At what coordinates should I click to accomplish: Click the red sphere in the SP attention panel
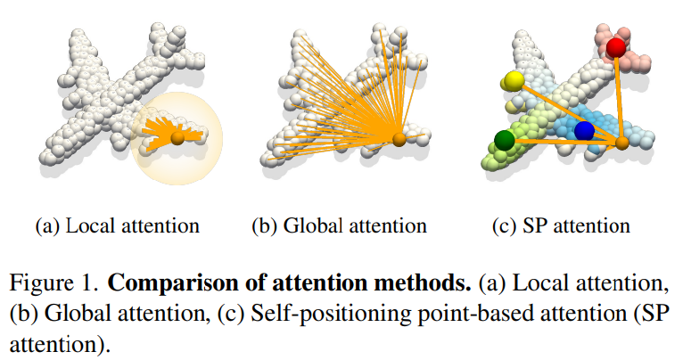(616, 47)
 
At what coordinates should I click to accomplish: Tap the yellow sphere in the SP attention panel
(513, 81)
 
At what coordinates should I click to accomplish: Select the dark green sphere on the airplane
(505, 139)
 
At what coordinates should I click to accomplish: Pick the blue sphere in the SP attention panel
(584, 131)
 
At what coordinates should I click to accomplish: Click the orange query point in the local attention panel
(177, 138)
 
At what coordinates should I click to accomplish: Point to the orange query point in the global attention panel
(399, 138)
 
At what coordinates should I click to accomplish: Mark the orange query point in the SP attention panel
(622, 141)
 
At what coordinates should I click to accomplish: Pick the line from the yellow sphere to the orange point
(567, 110)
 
